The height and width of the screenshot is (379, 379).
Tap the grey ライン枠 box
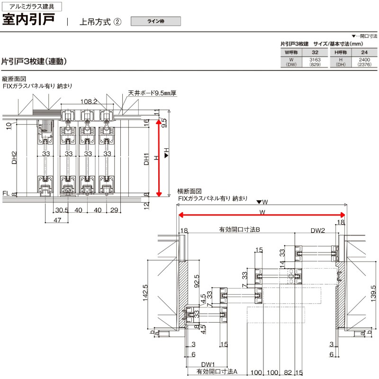point(155,21)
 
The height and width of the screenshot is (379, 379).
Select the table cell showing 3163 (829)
point(315,62)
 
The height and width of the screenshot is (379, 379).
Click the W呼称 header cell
point(291,52)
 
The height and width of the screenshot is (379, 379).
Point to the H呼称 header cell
point(340,52)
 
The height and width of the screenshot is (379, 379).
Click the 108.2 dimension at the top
point(89,101)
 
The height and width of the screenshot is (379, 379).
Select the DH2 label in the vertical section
point(15,158)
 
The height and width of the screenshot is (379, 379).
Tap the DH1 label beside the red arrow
point(147,158)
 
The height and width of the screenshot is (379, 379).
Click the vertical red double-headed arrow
point(160,158)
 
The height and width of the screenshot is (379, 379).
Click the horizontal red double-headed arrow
point(261,216)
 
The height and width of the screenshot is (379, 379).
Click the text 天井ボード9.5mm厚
point(152,93)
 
